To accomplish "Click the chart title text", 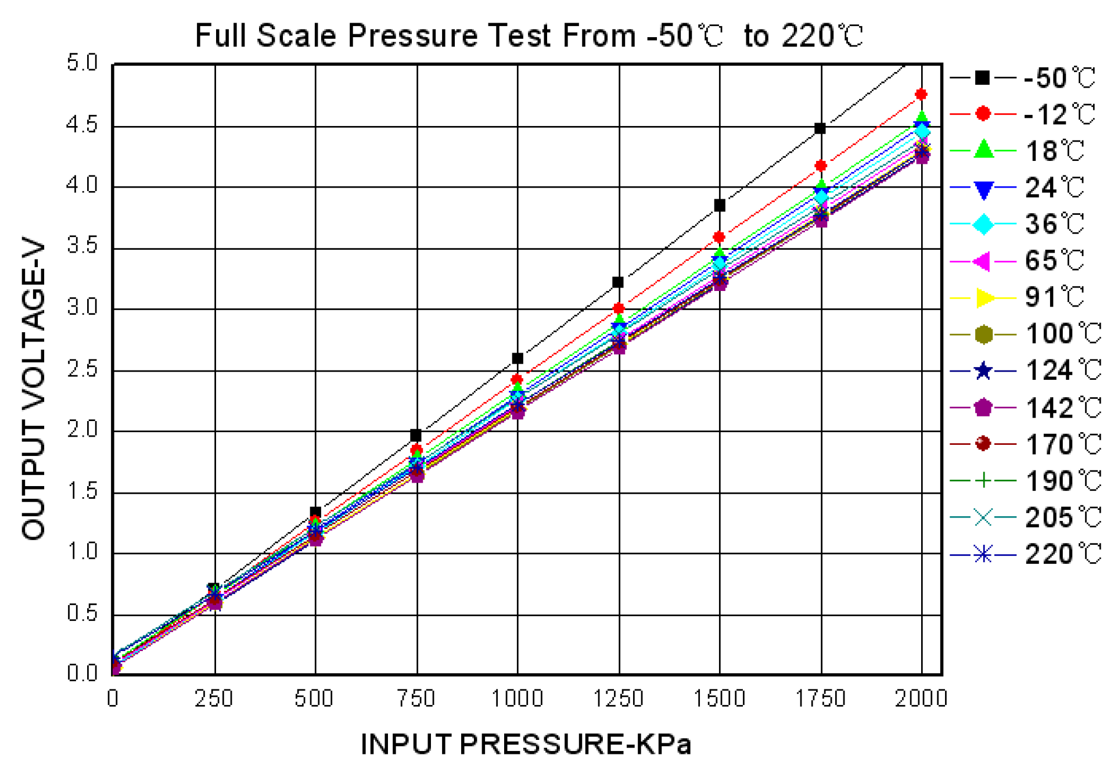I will [x=529, y=36].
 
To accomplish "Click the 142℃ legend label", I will [x=1063, y=408].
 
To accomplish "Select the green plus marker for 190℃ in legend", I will [x=983, y=481].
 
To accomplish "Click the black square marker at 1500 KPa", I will [x=720, y=206].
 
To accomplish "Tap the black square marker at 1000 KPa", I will [x=518, y=358].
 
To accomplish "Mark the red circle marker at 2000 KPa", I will [x=921, y=94].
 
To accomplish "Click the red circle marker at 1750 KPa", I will [x=821, y=166].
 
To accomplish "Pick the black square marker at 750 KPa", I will [x=416, y=435].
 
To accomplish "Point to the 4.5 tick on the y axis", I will [x=82, y=125].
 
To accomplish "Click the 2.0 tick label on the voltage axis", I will [x=82, y=430].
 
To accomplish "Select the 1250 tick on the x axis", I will [x=618, y=698].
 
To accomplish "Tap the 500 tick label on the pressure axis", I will [x=314, y=698].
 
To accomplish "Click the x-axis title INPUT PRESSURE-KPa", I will [x=526, y=744].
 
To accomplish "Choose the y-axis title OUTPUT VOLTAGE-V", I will [x=33, y=388].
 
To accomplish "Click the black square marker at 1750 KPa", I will [x=820, y=128].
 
